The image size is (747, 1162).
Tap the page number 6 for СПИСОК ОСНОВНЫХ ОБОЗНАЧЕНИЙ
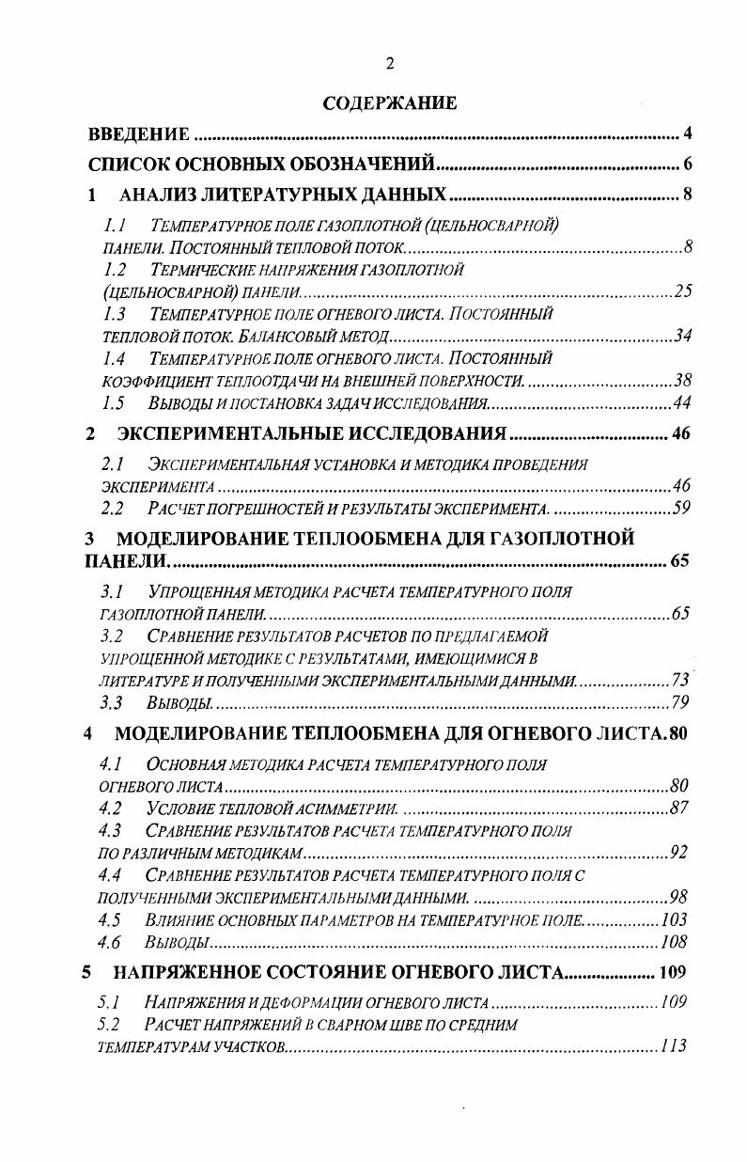click(688, 165)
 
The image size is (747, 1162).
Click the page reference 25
click(683, 291)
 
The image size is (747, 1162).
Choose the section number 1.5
click(115, 403)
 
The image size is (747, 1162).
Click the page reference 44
click(683, 403)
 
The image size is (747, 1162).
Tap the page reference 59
click(683, 509)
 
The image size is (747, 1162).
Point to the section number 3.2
click(113, 636)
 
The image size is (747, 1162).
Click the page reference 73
click(683, 681)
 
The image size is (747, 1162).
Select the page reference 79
click(683, 703)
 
